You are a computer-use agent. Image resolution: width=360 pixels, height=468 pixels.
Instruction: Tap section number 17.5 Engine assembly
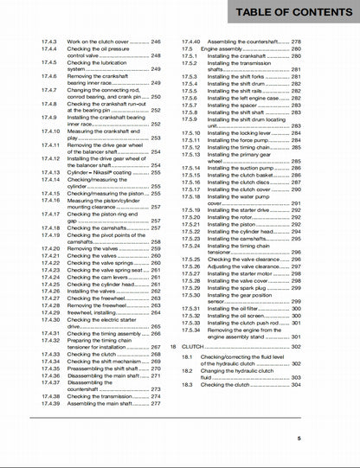188,49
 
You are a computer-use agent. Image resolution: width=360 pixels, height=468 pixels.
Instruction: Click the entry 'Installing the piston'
228,224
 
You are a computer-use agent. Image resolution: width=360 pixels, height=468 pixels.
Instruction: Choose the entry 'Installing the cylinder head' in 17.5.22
236,232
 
